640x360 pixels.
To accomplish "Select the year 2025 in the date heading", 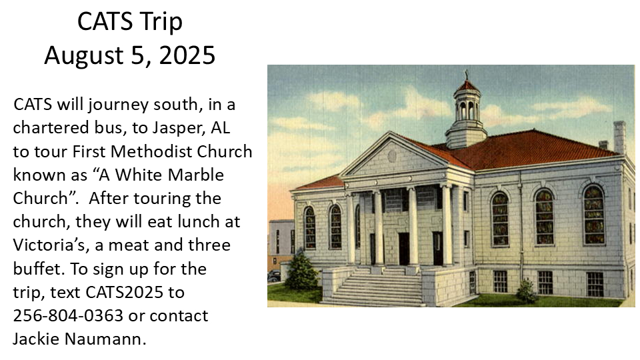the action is [x=187, y=55].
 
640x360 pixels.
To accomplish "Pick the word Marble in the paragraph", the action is [x=196, y=175].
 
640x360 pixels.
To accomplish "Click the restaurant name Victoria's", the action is [x=51, y=245].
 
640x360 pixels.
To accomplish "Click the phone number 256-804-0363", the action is [x=68, y=315].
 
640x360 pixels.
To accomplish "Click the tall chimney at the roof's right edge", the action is [x=619, y=137].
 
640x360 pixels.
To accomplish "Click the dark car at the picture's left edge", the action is [x=274, y=276].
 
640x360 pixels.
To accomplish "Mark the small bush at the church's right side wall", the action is [x=527, y=291].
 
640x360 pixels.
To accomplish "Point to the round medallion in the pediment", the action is [x=392, y=156].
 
